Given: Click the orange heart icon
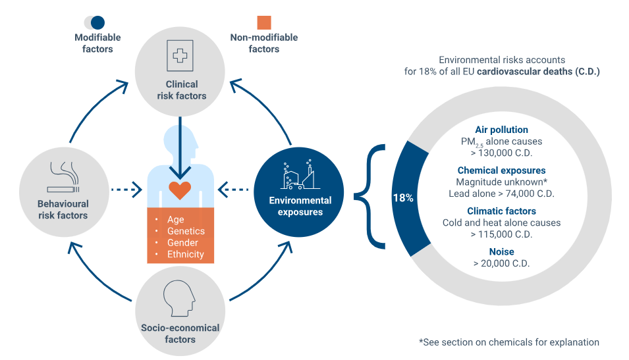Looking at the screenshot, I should pyautogui.click(x=179, y=190).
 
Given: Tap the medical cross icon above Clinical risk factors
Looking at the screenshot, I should pyautogui.click(x=179, y=56).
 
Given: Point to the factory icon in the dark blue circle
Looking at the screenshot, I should pyautogui.click(x=299, y=174).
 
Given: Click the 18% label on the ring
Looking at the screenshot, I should pyautogui.click(x=403, y=197).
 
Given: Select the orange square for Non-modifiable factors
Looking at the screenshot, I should pyautogui.click(x=264, y=22).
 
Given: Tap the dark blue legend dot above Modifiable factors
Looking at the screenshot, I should pyautogui.click(x=97, y=22).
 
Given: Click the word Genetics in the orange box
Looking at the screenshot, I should pyautogui.click(x=186, y=231).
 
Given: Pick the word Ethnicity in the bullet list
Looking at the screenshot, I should pyautogui.click(x=186, y=254).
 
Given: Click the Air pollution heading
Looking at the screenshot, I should pyautogui.click(x=501, y=130).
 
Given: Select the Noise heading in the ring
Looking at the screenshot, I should pyautogui.click(x=501, y=251).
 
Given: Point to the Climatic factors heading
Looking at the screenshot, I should pyautogui.click(x=501, y=211).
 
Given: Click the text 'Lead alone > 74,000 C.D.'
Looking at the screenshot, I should pyautogui.click(x=501, y=193).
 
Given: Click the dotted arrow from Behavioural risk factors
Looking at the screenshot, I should pyautogui.click(x=126, y=191).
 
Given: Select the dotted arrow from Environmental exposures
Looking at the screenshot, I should pyautogui.click(x=232, y=192).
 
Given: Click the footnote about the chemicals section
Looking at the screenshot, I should pyautogui.click(x=508, y=342).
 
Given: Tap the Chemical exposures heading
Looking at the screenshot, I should pyautogui.click(x=501, y=170).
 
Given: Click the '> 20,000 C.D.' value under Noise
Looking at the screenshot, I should pyautogui.click(x=501, y=263).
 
